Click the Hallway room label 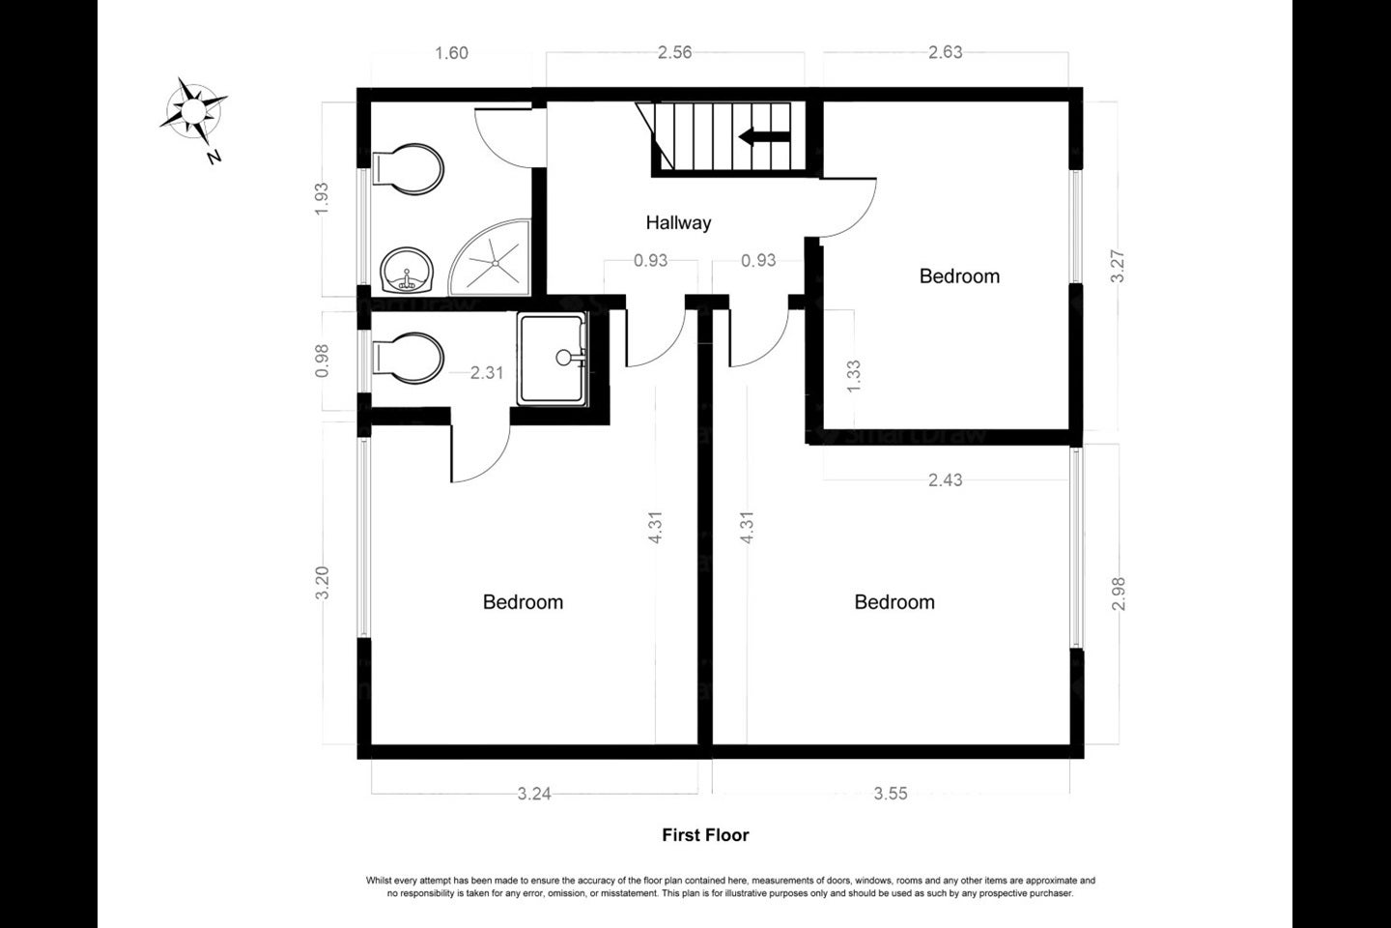[678, 222]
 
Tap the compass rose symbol [193, 111]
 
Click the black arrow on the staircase [764, 136]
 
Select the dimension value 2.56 [674, 52]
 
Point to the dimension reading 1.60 [451, 53]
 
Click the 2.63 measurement [945, 52]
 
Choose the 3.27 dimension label [1117, 266]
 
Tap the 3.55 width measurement [891, 793]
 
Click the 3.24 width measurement [534, 794]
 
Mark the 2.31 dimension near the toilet [486, 372]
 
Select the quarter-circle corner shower [490, 257]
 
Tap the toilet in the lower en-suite [408, 359]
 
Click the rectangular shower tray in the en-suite [553, 359]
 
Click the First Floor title [705, 835]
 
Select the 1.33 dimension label [854, 376]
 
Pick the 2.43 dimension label [945, 479]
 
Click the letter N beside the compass [214, 158]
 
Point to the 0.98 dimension [322, 361]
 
